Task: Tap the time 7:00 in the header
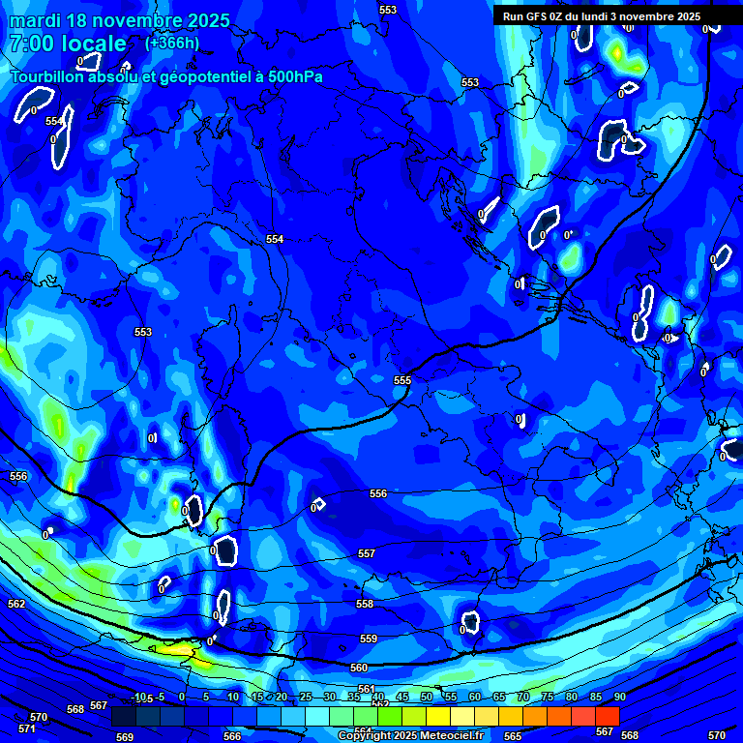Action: [x=37, y=45]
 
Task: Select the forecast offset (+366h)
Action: [x=172, y=44]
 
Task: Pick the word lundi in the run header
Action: [x=601, y=16]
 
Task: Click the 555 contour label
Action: [x=402, y=380]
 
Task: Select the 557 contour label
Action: [x=366, y=553]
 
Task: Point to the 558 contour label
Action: [x=364, y=604]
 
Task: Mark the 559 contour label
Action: [x=369, y=639]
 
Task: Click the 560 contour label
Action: [x=359, y=668]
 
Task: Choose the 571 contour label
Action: [x=27, y=728]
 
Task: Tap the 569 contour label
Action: [x=125, y=737]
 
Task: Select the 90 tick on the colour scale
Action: [x=619, y=698]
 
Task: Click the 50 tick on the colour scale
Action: [x=426, y=698]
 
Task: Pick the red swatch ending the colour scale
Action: [x=607, y=716]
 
